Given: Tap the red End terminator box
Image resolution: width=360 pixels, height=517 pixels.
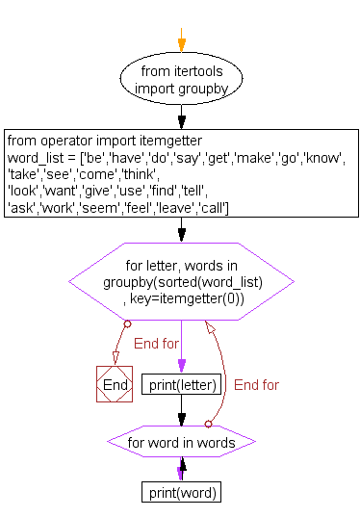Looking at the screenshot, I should coord(114,384).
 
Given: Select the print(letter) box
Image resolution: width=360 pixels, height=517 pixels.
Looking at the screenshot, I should coord(182,384).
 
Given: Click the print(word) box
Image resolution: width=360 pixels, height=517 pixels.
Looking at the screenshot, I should coord(182,493).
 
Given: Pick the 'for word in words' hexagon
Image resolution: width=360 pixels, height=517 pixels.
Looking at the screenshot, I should coord(181,443).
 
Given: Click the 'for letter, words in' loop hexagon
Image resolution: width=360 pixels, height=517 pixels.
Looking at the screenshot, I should coord(181,282).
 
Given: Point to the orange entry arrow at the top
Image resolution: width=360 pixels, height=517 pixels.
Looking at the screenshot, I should coord(180,39).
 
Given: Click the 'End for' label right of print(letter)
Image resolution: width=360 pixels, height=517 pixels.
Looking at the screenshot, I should coord(256,385).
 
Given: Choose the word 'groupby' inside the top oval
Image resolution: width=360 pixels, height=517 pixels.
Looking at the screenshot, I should coord(202,89).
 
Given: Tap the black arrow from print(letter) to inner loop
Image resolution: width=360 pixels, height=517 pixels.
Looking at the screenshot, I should coord(181,412).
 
